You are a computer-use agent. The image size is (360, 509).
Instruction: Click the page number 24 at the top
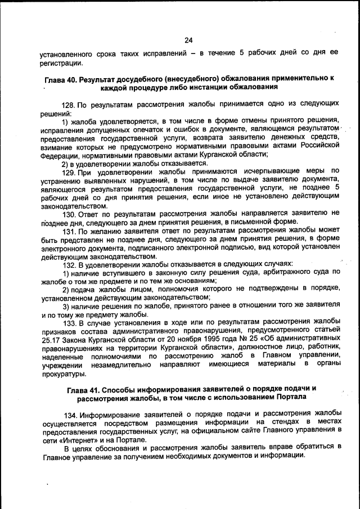tap(188, 39)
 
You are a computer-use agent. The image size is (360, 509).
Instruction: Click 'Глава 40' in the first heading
tap(61, 79)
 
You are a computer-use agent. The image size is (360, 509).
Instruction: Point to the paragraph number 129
tap(68, 171)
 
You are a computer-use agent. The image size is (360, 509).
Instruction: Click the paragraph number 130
tap(68, 213)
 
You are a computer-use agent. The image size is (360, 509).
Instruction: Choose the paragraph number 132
tap(68, 263)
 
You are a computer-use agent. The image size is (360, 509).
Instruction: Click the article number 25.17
tap(51, 339)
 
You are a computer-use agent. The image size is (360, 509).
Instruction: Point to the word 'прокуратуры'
tap(63, 373)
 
